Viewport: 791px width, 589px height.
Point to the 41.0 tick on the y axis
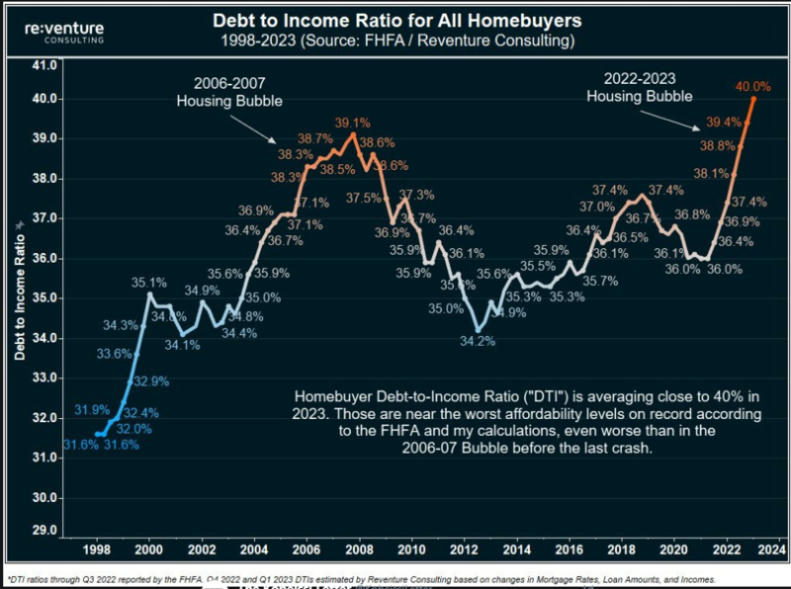44,65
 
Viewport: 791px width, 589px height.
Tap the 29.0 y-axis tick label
44,531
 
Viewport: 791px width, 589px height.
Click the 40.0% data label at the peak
752,87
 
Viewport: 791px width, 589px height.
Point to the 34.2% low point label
478,341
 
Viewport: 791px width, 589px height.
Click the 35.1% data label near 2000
149,283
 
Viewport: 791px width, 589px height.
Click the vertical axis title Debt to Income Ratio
19,297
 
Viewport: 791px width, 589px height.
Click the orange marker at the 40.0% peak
753,99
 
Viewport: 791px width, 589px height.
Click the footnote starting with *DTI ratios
360,579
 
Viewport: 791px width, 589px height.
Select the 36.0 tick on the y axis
44,258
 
